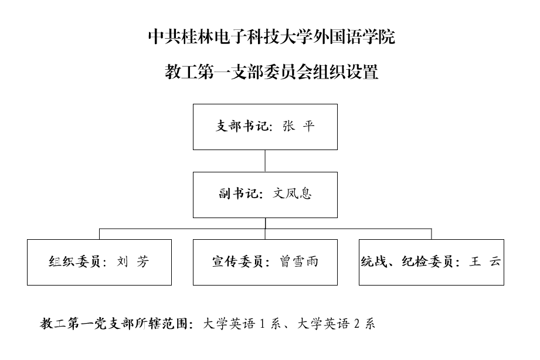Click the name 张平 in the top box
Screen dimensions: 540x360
[298, 126]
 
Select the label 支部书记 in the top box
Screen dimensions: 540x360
[242, 126]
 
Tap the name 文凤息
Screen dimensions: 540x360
[292, 193]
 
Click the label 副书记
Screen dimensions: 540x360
[238, 193]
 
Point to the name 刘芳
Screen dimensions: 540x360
[133, 261]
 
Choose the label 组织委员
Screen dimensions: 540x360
[74, 261]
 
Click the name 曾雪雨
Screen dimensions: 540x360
[298, 261]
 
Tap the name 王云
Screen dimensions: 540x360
[484, 261]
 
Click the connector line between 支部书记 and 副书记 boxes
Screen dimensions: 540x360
[265, 161]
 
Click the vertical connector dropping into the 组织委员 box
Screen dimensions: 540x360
[100, 234]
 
